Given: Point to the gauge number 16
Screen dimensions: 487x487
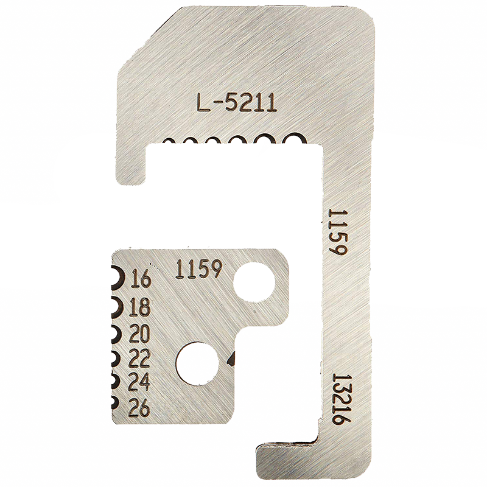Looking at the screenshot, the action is (x=142, y=278).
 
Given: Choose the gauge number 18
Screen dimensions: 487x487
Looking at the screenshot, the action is (x=141, y=307).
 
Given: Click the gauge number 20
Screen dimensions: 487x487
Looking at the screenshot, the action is (x=139, y=333).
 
